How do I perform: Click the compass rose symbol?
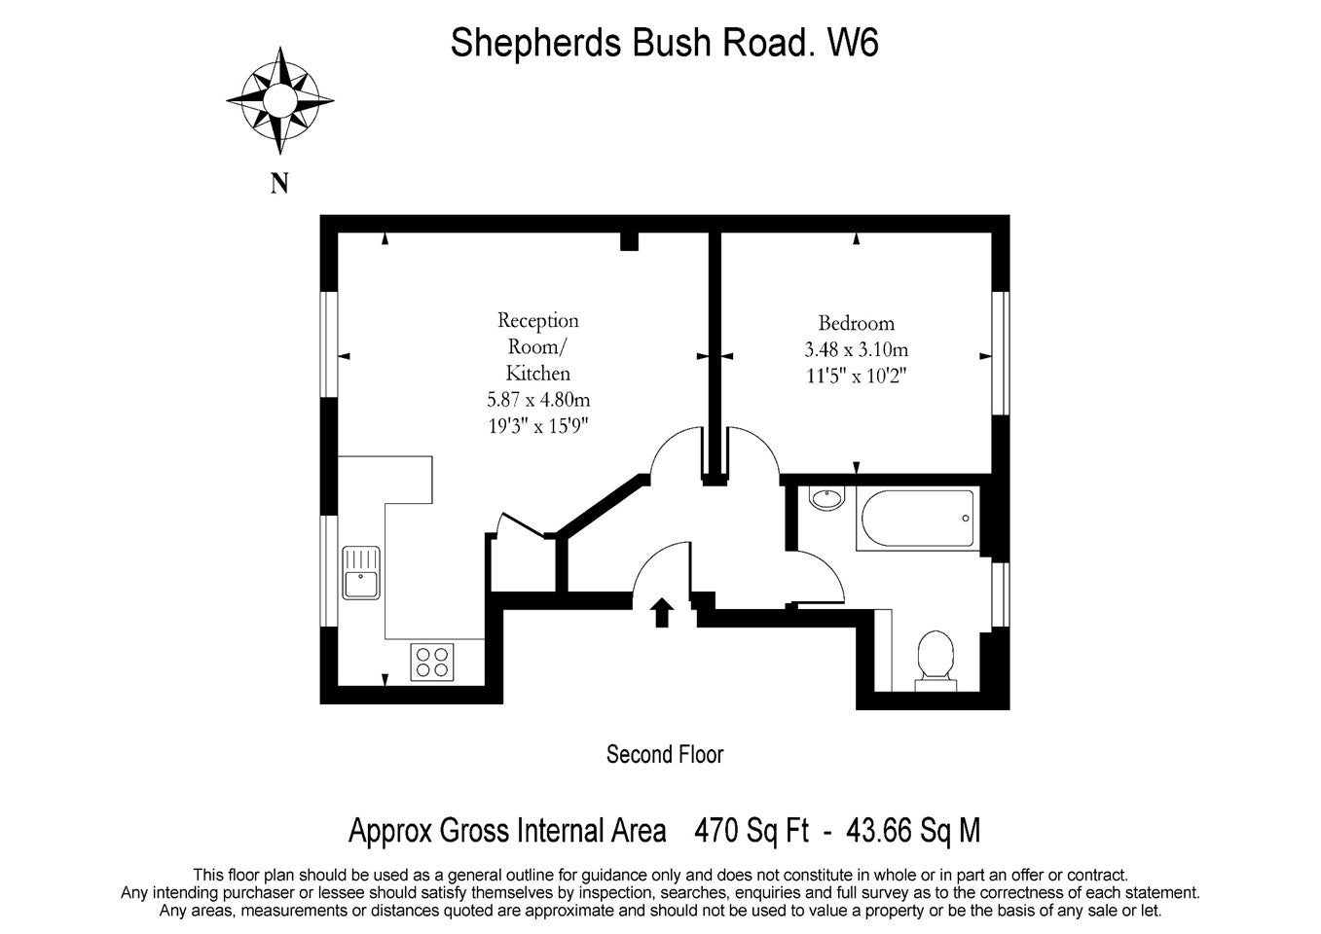tap(280, 100)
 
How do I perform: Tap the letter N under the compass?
tap(279, 183)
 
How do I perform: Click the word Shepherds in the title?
tap(535, 43)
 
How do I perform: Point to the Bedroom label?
tap(857, 323)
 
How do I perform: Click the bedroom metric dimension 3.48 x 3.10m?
tap(857, 349)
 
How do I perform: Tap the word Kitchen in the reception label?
tap(537, 373)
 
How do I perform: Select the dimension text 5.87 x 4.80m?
tap(538, 400)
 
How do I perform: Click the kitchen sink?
tap(361, 573)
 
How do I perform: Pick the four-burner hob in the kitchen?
tap(432, 663)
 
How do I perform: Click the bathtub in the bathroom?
tap(918, 519)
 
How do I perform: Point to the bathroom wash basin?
tap(826, 498)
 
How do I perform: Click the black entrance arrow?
tap(662, 612)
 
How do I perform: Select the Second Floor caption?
tap(665, 754)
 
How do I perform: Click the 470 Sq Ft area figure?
tap(752, 830)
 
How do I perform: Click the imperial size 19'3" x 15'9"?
tap(538, 425)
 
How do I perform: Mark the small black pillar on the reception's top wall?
tap(629, 241)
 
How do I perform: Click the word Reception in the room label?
tap(537, 320)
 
